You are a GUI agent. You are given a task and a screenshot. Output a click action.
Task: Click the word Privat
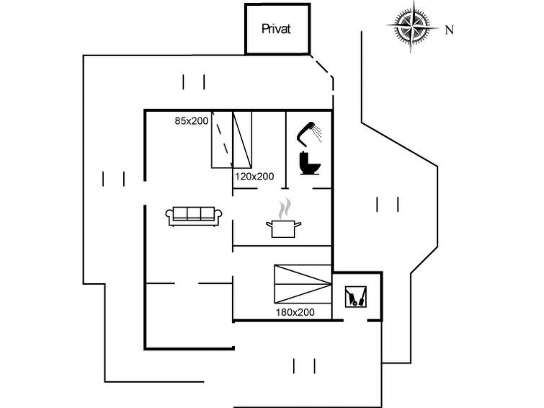coord(276,29)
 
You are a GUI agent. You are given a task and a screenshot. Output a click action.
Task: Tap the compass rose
coord(412,26)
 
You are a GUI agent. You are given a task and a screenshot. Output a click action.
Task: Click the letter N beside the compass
coord(450,30)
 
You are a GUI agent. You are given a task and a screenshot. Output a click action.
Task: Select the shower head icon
coord(309,133)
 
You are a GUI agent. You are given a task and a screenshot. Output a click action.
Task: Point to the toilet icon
coord(309,163)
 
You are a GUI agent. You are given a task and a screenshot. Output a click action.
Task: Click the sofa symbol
coord(194,216)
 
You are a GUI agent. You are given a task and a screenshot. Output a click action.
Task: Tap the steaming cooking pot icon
coord(284,218)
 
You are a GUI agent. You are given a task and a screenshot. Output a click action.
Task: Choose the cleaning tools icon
coord(356,296)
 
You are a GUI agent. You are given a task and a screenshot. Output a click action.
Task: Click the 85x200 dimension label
coord(192,121)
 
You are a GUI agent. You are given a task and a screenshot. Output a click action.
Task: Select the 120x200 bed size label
coord(254,177)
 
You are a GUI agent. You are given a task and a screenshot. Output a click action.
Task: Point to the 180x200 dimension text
coord(295,312)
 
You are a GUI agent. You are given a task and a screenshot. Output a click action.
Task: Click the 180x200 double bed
coord(303,284)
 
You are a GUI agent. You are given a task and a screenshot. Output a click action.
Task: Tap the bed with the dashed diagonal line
coord(222,140)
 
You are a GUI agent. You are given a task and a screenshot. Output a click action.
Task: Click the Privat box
coord(277,29)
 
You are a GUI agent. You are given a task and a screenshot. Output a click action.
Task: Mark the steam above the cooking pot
coord(285,208)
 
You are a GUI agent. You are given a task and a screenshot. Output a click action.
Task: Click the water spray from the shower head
coord(317,133)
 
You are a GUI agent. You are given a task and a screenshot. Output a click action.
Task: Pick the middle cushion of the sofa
coord(194,213)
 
